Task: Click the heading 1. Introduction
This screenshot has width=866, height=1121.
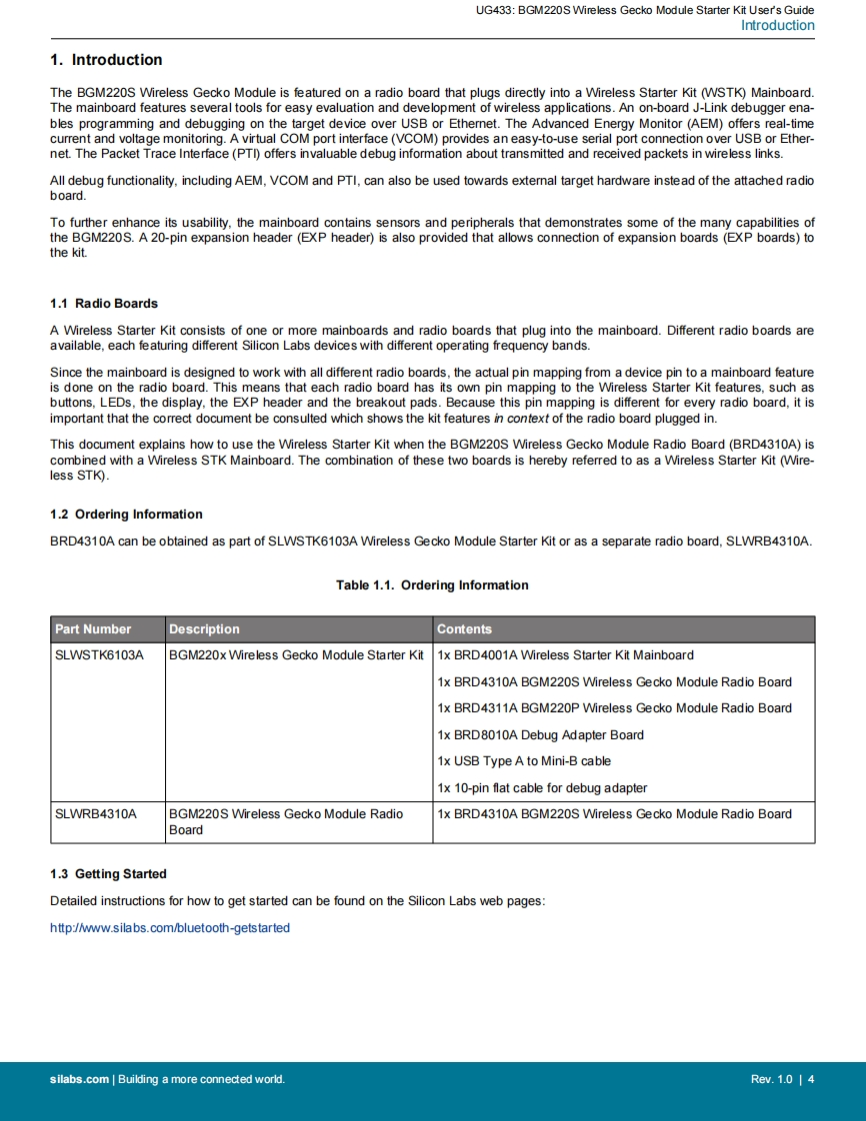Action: (x=106, y=60)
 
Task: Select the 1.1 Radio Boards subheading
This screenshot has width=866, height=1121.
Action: (x=104, y=304)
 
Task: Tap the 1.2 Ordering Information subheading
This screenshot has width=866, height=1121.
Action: (x=126, y=515)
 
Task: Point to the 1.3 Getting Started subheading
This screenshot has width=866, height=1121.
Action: (x=108, y=874)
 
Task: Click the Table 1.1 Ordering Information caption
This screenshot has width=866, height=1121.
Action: (x=432, y=585)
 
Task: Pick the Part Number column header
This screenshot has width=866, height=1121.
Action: (x=93, y=629)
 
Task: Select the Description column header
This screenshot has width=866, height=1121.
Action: (x=204, y=629)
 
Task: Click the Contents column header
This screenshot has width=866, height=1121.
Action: (x=464, y=629)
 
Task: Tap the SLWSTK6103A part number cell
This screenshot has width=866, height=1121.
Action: (x=99, y=655)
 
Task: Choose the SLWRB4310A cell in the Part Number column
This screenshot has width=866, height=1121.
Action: (x=96, y=814)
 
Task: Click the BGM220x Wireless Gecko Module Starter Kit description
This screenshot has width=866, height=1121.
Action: (x=296, y=655)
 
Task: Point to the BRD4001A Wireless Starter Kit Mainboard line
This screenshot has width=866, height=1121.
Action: (x=565, y=655)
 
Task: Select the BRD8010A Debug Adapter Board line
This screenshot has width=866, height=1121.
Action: (x=540, y=735)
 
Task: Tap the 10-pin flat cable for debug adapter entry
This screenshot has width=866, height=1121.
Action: (x=542, y=788)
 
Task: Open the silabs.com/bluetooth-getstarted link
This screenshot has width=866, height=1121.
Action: (x=170, y=928)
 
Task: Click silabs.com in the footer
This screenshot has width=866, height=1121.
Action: (x=79, y=1079)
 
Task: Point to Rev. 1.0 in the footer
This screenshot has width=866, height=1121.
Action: (x=771, y=1079)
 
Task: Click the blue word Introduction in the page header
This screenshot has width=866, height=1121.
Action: (x=777, y=26)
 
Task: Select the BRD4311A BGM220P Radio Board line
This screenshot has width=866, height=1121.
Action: (x=614, y=708)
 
